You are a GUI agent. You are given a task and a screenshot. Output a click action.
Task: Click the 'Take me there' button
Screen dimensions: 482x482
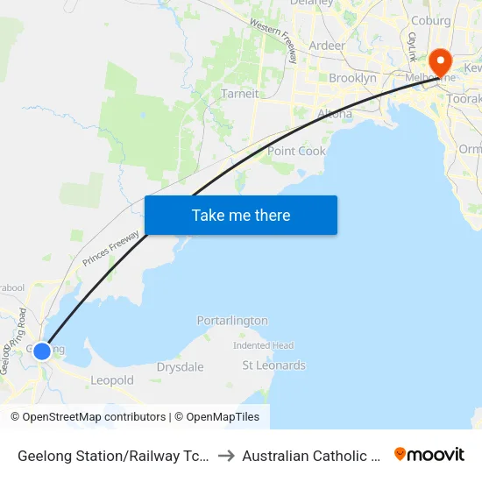(241, 215)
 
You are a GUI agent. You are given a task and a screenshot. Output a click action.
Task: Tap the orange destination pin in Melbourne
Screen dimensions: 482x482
(438, 63)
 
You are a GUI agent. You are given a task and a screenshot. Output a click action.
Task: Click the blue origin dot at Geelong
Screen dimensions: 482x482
(41, 351)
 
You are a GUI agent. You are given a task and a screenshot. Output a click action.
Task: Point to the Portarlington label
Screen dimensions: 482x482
(232, 321)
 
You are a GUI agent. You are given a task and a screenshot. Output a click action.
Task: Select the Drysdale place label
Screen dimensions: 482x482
(180, 367)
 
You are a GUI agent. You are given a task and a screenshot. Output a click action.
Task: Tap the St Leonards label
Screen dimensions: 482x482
(273, 365)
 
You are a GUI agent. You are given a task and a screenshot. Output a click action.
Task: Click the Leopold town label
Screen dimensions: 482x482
(112, 380)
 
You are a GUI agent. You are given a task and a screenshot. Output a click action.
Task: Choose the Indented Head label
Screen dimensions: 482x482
(263, 345)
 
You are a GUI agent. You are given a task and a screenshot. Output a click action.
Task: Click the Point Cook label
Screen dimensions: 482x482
(296, 151)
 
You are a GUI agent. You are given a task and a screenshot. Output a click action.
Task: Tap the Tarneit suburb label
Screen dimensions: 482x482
(239, 94)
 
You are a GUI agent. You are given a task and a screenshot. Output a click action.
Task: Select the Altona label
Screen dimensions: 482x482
(334, 114)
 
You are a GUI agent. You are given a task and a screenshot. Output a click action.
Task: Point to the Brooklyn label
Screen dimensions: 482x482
(352, 78)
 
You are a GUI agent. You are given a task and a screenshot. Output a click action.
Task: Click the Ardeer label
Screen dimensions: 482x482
(327, 45)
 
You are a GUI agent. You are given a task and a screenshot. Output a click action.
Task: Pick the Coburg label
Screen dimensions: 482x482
(430, 21)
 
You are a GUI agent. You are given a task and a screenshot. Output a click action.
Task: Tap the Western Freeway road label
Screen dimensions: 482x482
(273, 40)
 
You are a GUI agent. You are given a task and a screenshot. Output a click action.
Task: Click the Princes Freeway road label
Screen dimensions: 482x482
(111, 243)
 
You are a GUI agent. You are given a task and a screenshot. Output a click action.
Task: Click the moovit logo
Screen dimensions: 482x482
(429, 455)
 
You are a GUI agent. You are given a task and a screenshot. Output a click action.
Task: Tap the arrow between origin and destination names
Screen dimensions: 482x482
(225, 456)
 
